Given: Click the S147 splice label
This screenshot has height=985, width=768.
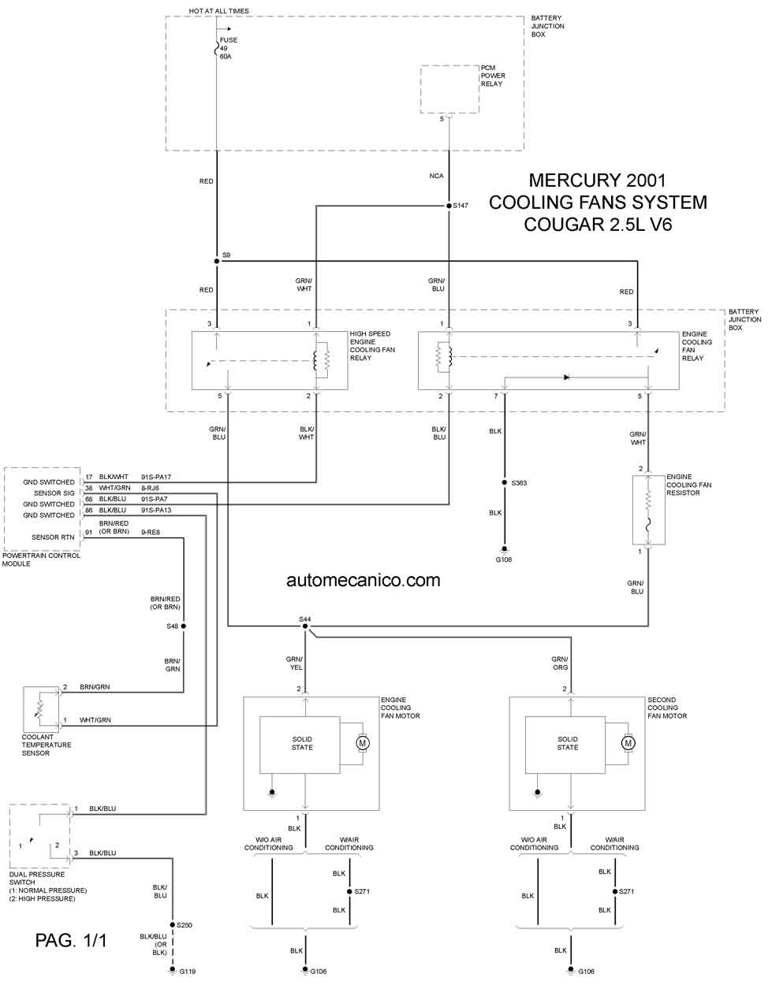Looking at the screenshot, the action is [x=460, y=206].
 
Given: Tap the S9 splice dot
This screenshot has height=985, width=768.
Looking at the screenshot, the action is [x=217, y=261].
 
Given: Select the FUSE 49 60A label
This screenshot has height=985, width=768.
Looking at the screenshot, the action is [x=229, y=48].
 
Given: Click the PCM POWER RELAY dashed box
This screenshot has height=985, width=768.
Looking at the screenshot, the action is [x=449, y=89].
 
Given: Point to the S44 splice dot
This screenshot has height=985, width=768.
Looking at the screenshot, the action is [x=305, y=626].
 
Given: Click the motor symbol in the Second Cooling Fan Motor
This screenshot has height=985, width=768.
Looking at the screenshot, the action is [x=628, y=743].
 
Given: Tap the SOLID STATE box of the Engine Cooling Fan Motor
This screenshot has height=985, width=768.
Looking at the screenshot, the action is [x=300, y=745].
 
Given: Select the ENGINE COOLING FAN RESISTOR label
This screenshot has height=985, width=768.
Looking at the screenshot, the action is [x=688, y=485].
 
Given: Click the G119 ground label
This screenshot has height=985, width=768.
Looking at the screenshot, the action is [x=187, y=971].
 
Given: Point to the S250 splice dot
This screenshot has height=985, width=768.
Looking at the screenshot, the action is [x=172, y=924].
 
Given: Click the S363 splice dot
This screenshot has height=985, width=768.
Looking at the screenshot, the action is [x=504, y=482].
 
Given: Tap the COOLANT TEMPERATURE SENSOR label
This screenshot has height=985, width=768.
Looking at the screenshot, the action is [x=47, y=745].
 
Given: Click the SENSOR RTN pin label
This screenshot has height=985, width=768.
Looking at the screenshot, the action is [x=53, y=537].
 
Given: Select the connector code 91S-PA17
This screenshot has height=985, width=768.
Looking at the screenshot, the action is [x=156, y=477].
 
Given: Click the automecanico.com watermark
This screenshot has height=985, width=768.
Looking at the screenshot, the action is [x=363, y=580].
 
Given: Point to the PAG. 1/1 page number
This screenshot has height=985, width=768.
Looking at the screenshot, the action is [x=71, y=940].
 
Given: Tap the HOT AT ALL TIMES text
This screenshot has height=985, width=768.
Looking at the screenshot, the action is [x=219, y=10].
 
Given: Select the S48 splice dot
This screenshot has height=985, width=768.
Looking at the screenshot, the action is [x=184, y=626].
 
